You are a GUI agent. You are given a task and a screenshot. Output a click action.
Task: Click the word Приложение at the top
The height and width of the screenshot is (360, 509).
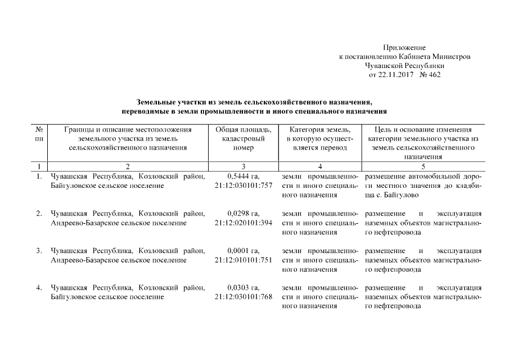tap(404, 48)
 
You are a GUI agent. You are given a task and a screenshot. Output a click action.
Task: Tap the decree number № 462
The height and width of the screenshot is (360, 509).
tap(430, 75)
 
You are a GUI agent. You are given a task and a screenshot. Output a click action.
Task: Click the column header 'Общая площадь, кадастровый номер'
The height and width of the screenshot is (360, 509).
tap(243, 138)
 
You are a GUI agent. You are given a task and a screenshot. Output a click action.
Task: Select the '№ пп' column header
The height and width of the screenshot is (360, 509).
tap(39, 134)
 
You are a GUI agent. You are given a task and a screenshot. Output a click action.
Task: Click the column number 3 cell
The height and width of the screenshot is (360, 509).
tap(243, 166)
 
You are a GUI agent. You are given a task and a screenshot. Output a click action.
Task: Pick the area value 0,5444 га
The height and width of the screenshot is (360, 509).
tap(243, 177)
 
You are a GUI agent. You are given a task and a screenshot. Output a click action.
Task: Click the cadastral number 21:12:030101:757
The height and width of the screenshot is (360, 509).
tap(243, 186)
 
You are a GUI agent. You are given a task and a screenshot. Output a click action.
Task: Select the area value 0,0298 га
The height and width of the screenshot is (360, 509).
tap(243, 213)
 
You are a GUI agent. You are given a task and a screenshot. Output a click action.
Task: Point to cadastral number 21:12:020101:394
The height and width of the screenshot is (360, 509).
tap(243, 223)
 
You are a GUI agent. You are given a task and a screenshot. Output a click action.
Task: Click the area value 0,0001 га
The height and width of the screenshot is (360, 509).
tap(243, 250)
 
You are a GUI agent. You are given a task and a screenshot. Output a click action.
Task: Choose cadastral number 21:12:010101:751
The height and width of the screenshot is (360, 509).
tap(243, 260)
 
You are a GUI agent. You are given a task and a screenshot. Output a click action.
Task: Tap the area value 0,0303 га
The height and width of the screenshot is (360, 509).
tap(243, 287)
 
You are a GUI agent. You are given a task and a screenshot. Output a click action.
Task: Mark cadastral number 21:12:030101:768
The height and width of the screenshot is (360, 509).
tap(243, 297)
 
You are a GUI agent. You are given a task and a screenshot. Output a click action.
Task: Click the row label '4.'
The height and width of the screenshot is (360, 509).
tap(39, 287)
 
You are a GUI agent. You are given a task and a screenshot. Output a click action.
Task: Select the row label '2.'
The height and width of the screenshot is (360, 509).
tap(39, 213)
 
